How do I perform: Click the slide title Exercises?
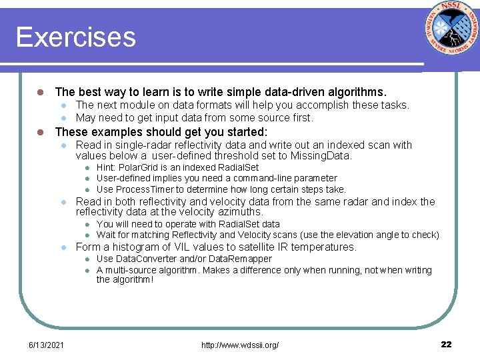pyautogui.click(x=75, y=37)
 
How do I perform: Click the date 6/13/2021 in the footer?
pyautogui.click(x=46, y=344)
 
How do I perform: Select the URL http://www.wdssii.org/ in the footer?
pyautogui.click(x=239, y=344)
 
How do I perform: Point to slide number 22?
pyautogui.click(x=446, y=344)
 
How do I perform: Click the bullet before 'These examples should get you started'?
pyautogui.click(x=41, y=132)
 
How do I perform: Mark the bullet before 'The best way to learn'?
pyautogui.click(x=41, y=92)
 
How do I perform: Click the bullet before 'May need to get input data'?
pyautogui.click(x=62, y=118)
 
